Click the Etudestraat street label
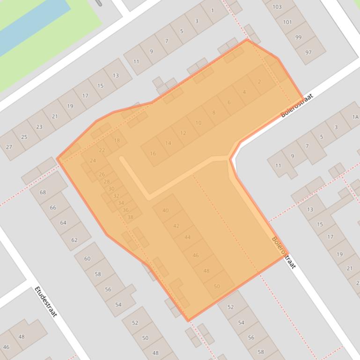point(45,302)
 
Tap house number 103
point(277,7)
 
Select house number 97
point(308,52)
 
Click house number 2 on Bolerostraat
point(259,82)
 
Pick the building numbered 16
point(153,153)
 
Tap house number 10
point(198,123)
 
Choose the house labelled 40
point(165,210)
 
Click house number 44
point(187,238)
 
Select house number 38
point(131,217)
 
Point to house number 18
point(117,140)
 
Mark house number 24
point(93,160)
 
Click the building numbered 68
point(43,192)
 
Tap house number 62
point(74,240)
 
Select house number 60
point(87,259)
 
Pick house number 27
point(9,147)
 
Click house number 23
point(39,126)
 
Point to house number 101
point(287,22)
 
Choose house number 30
point(111,189)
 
